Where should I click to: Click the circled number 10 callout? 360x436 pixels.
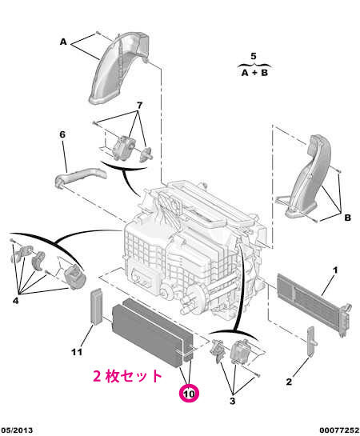click(189, 394)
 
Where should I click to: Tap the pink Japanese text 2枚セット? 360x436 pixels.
click(127, 376)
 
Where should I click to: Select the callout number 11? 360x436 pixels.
click(77, 352)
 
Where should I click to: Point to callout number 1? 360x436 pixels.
click(335, 270)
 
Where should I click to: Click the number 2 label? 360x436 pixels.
click(289, 382)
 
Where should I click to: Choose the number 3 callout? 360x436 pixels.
click(233, 401)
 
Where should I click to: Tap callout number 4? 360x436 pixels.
click(15, 301)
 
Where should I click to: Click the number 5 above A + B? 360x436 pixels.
click(254, 56)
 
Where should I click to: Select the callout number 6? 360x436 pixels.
click(62, 134)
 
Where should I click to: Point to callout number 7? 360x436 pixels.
click(139, 106)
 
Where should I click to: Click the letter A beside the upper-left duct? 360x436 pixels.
click(63, 42)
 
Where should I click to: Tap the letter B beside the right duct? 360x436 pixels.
click(347, 218)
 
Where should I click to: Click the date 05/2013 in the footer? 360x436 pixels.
click(17, 430)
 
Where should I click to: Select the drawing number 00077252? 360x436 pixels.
click(339, 430)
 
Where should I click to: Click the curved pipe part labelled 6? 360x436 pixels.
click(80, 177)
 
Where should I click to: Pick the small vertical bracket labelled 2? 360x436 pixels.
click(311, 342)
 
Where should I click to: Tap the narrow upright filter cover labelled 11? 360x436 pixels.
click(97, 306)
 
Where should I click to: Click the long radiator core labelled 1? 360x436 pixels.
click(313, 303)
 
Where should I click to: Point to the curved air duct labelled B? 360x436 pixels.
click(309, 178)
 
